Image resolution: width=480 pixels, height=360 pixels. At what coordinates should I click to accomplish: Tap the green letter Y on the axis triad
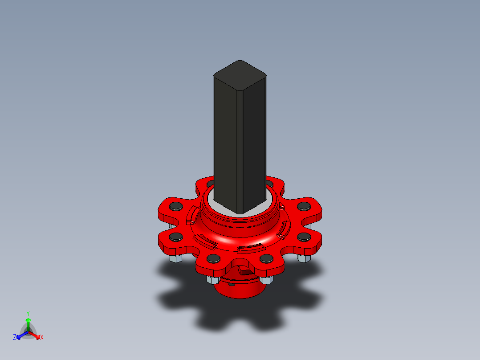[28, 313]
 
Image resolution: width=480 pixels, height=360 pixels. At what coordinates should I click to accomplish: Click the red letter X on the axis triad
[42, 338]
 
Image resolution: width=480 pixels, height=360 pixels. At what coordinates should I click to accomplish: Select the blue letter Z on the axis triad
[15, 338]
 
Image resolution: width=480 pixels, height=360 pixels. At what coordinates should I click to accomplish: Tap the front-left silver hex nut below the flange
[212, 280]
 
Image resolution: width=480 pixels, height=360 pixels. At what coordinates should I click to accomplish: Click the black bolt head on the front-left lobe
[213, 258]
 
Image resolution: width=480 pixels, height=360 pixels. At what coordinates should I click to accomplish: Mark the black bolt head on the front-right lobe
[266, 258]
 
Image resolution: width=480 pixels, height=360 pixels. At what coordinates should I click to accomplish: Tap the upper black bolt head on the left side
[176, 206]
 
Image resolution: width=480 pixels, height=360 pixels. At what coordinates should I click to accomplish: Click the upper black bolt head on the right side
[304, 206]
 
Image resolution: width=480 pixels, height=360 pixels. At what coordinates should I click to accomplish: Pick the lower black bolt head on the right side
[304, 236]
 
